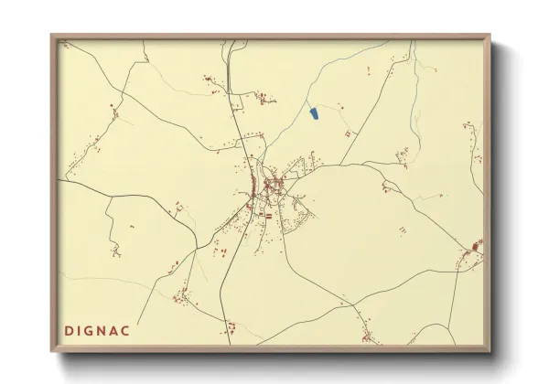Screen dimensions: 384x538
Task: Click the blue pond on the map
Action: [313, 113]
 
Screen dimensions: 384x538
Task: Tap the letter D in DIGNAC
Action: [70, 328]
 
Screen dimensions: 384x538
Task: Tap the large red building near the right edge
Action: [476, 246]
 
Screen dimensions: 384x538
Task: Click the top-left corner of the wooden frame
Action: [52, 37]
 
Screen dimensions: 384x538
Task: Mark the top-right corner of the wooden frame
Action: [490, 37]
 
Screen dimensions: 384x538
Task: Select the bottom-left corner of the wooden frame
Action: [52, 351]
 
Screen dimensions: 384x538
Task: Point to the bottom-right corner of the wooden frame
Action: [490, 351]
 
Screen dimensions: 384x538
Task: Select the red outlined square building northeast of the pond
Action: [347, 133]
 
